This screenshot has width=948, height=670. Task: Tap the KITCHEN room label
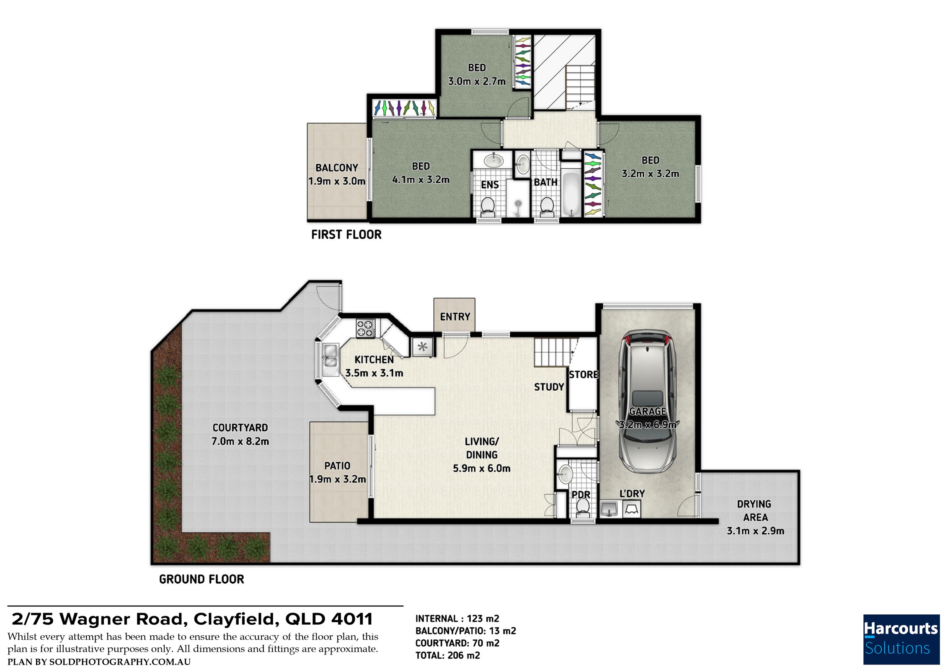coord(374,360)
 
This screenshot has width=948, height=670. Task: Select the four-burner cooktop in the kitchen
coord(366,328)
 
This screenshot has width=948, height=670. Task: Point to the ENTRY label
coord(455,317)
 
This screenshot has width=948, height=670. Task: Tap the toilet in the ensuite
coord(487,207)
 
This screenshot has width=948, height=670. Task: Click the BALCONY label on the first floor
coord(337,168)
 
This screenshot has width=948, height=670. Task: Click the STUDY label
coord(549,387)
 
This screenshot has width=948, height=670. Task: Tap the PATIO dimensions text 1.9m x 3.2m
coord(338,479)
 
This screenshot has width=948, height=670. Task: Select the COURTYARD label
coord(240,428)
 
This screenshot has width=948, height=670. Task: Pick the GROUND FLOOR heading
coord(201,579)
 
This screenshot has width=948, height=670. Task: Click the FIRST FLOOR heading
coord(346,234)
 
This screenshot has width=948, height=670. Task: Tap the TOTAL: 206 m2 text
coord(448,655)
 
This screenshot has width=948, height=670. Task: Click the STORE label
coord(584,374)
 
